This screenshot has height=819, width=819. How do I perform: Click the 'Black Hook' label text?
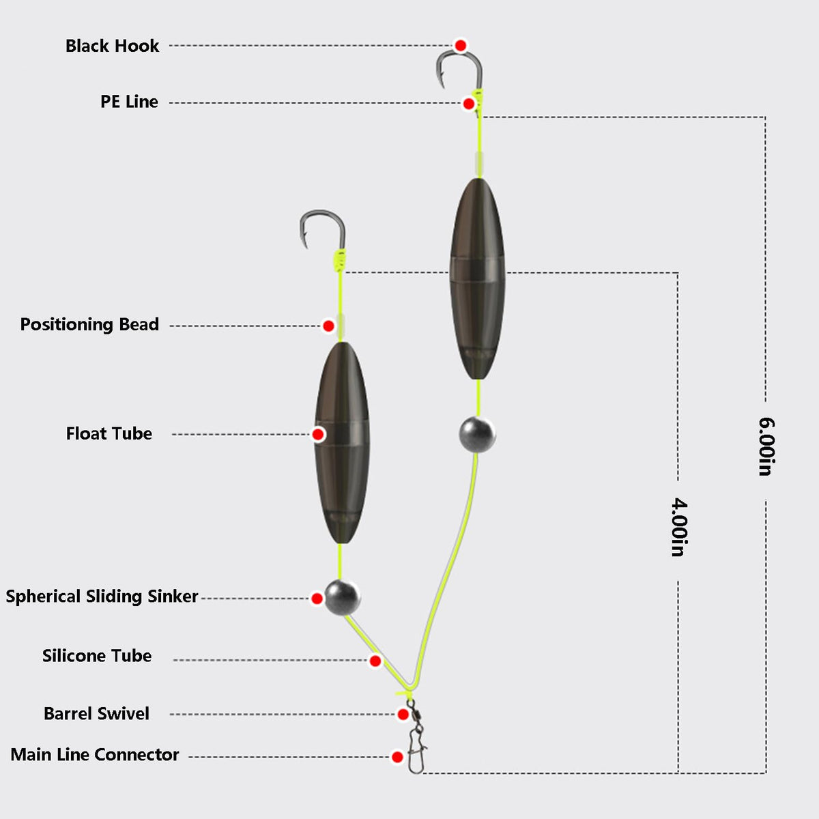112,46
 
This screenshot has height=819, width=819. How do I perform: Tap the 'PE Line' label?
129,102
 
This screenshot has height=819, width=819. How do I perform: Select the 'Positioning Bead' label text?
89,324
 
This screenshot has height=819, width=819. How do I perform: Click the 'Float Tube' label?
109,433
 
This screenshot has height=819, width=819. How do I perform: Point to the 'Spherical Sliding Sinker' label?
102,597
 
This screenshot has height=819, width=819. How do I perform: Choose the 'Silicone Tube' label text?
97,656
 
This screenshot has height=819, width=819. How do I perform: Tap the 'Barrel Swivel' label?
96,714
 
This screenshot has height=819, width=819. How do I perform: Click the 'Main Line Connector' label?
95,754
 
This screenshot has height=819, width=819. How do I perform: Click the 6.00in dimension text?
766,446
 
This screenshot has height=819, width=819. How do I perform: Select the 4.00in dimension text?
678,528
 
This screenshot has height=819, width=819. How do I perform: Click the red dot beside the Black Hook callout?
460,46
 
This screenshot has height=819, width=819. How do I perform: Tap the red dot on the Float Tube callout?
318,434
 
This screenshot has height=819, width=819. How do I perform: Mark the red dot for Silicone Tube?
375,661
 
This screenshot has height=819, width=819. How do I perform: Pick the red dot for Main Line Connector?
397,757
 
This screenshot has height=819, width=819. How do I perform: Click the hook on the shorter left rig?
323,212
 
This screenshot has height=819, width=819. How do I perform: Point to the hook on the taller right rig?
460,53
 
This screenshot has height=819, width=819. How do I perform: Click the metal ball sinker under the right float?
477,435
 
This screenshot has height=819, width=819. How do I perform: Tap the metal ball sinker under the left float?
342,597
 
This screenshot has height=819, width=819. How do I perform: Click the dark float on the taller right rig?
478,278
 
